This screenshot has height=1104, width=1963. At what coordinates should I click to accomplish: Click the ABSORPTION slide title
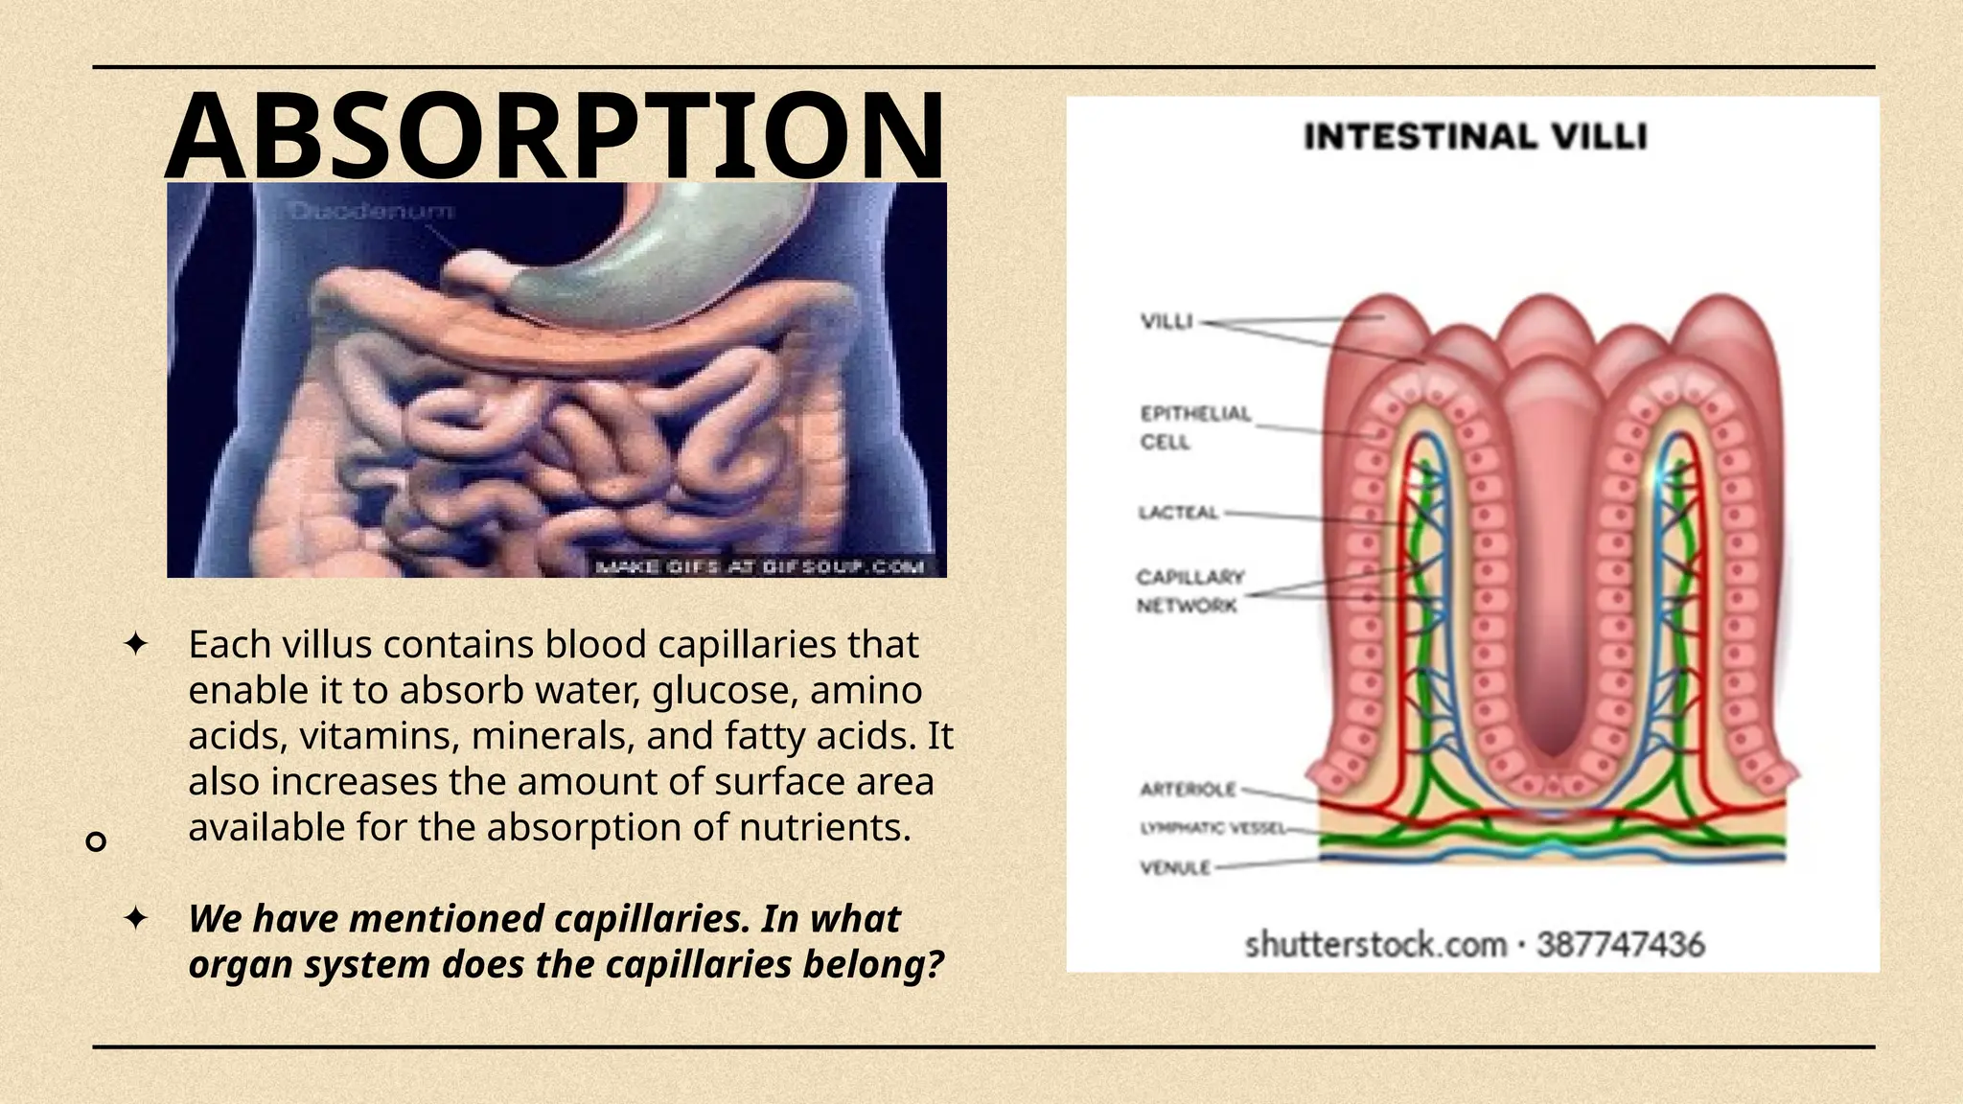[x=555, y=135]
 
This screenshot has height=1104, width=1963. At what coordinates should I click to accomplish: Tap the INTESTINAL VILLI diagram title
[x=1474, y=137]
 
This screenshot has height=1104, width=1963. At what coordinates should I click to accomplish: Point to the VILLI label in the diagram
[x=1166, y=321]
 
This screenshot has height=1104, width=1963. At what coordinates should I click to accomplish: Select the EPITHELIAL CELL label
[x=1194, y=427]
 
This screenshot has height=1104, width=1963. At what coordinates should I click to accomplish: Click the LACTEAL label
[x=1178, y=513]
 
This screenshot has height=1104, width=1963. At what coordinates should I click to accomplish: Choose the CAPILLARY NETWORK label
[x=1189, y=590]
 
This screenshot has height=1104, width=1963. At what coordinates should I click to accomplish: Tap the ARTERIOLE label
[x=1188, y=790]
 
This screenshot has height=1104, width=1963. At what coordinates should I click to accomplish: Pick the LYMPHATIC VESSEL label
[x=1212, y=828]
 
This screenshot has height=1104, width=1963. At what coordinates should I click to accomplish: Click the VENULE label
[x=1175, y=868]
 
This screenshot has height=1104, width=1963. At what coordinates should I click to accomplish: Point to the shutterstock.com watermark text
[x=1374, y=945]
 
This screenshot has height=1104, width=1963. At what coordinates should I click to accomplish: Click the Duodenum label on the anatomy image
[x=372, y=211]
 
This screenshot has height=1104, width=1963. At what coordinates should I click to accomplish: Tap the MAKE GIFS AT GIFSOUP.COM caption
[x=760, y=566]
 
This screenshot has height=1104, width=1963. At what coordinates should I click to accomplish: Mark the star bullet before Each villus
[x=136, y=644]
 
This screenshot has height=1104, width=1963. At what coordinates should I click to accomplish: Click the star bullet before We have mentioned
[x=136, y=918]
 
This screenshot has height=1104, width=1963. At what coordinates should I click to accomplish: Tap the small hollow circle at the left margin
[x=96, y=841]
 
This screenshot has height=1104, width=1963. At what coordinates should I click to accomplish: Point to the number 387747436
[x=1621, y=945]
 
